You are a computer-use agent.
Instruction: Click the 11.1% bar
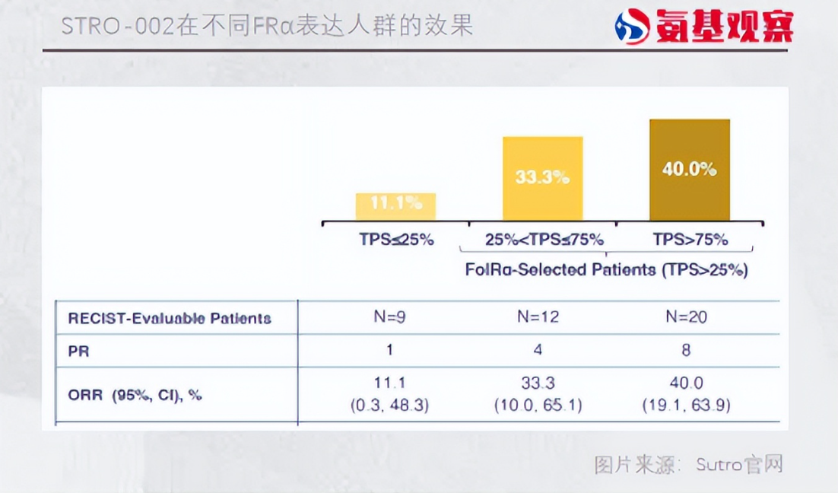point(395,206)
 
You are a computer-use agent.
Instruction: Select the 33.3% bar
point(542,178)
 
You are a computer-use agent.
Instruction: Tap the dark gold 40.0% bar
point(690,170)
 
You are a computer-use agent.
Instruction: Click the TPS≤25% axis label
point(396,239)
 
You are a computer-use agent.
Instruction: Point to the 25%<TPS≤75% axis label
point(544,239)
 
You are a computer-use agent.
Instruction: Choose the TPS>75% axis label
point(690,239)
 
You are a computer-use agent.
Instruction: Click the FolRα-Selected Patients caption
point(606,269)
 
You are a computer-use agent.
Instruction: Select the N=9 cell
point(389,317)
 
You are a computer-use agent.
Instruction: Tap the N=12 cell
point(538,317)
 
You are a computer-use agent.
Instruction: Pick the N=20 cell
point(686,317)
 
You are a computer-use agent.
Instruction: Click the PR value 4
point(538,350)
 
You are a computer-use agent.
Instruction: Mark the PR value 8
point(686,350)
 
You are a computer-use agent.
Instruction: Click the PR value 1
point(389,350)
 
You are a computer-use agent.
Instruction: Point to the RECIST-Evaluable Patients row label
point(170,319)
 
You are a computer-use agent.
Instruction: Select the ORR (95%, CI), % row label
point(135,395)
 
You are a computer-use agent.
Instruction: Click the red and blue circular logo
point(632,26)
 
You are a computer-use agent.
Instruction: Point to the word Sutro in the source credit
point(719,464)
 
